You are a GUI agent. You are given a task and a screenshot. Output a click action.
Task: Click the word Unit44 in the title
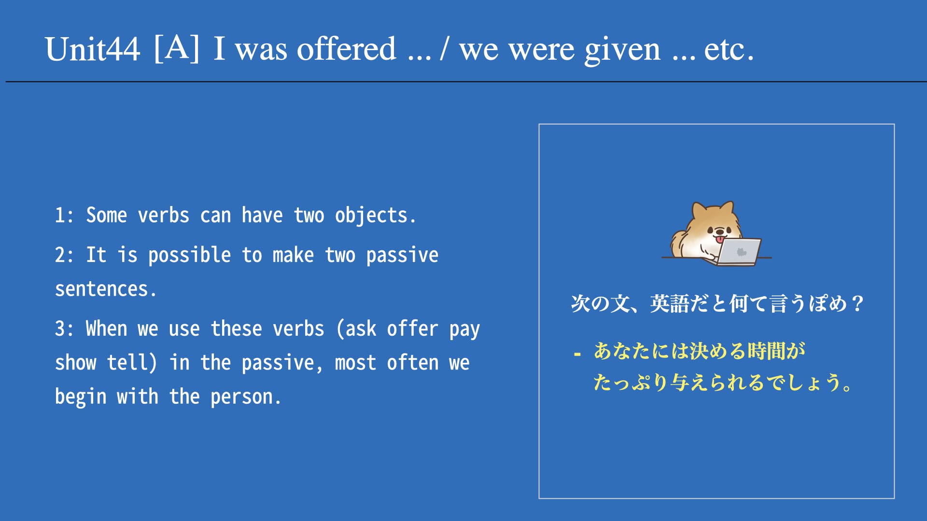[x=92, y=49]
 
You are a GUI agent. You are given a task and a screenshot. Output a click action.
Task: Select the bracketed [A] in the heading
[x=177, y=48]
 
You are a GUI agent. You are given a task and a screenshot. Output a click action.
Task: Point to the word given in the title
[x=622, y=50]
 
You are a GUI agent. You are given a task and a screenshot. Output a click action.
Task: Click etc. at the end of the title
[x=729, y=50]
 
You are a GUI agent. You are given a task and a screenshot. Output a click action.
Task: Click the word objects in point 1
[x=375, y=216]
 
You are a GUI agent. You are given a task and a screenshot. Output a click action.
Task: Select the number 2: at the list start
[x=64, y=255]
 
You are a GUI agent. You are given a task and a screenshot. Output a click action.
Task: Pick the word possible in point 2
[x=189, y=255]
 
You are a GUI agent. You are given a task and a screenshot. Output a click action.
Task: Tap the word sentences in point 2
[x=105, y=289]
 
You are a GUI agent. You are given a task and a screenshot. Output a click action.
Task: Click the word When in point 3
[x=106, y=329]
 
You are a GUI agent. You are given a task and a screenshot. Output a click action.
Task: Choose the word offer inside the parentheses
[x=412, y=329]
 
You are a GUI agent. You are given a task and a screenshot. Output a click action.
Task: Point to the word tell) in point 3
[x=132, y=363]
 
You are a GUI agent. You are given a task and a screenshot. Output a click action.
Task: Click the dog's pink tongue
[x=719, y=239]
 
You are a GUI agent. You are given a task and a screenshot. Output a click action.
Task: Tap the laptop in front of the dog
[x=737, y=252]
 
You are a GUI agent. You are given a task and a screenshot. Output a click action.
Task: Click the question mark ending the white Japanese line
[x=857, y=303]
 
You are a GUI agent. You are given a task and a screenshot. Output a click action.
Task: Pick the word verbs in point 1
[x=164, y=215]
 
